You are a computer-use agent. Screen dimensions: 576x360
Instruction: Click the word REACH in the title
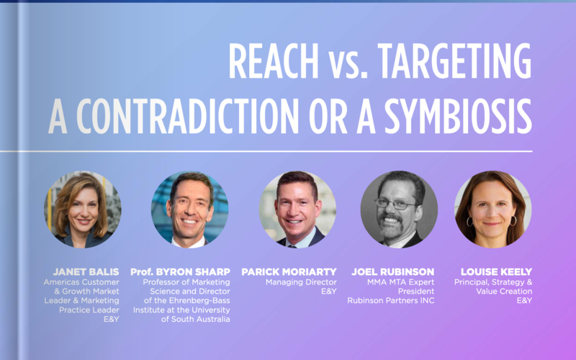[274, 60]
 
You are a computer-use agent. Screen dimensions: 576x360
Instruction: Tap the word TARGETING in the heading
[455, 60]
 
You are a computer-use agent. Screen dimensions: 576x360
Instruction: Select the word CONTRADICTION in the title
[187, 116]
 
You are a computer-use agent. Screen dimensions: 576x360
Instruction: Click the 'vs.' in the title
[348, 66]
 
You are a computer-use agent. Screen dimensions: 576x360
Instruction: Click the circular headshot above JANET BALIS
[83, 210]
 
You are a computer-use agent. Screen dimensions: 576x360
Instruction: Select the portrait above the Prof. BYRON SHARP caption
[189, 210]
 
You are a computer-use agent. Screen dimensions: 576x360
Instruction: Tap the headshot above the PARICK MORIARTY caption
[297, 210]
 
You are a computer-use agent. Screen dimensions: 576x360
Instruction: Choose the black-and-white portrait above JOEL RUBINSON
[399, 210]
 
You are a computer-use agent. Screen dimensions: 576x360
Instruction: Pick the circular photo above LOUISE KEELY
[493, 210]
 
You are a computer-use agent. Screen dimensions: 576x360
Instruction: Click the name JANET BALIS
[86, 272]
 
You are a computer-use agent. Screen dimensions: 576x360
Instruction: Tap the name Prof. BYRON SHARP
[181, 272]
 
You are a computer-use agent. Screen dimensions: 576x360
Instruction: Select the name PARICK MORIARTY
[289, 272]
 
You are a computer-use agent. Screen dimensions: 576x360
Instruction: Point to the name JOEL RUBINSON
[393, 272]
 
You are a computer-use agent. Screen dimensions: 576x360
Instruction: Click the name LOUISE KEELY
[497, 272]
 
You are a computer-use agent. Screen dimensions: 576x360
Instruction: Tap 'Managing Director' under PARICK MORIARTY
[301, 282]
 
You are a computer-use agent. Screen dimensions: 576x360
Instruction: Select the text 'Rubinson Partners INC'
[391, 300]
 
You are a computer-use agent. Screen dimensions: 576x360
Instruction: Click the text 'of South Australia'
[195, 319]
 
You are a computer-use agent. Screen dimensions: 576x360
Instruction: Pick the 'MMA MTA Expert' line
[401, 282]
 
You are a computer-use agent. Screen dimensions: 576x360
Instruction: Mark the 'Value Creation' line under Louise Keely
[505, 292]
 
